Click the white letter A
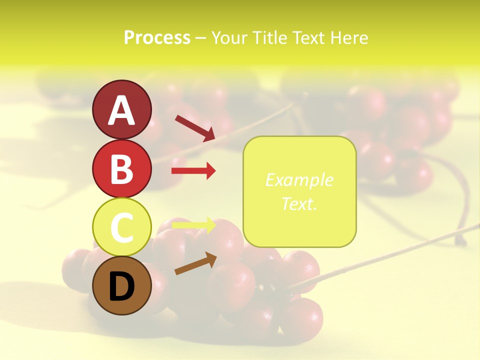click(x=121, y=110)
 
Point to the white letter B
click(x=121, y=169)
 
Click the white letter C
click(x=121, y=228)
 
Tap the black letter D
click(x=121, y=287)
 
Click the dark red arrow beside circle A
click(x=195, y=127)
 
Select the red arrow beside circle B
click(x=193, y=171)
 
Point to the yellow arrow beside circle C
click(x=193, y=225)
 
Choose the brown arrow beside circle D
click(x=195, y=263)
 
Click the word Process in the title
click(x=157, y=38)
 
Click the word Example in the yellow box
click(x=299, y=180)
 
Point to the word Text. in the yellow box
click(x=299, y=203)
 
